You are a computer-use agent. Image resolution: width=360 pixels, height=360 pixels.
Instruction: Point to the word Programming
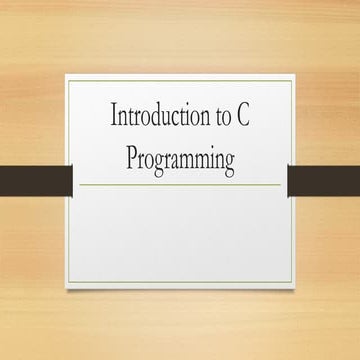coord(181,159)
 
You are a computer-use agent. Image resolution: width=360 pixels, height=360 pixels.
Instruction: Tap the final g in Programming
coord(229,162)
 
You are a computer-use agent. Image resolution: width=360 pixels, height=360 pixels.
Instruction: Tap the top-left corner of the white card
coord(66,72)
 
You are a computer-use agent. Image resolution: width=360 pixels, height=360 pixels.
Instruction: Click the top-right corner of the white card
coord(292,72)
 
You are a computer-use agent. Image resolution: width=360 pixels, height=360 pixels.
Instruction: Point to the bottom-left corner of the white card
coord(66,290)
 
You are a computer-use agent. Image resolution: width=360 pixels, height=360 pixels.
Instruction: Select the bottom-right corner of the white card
coord(292,290)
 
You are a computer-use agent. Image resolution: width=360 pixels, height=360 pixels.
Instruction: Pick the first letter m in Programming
coord(191,160)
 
